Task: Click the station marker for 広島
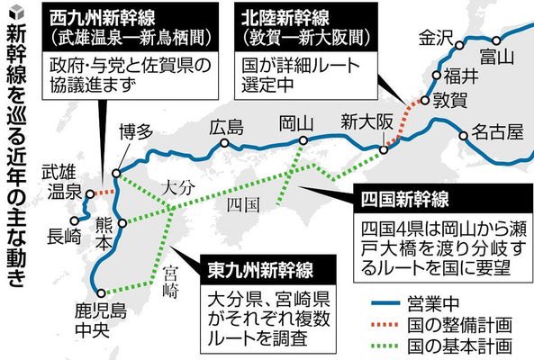click(224, 143)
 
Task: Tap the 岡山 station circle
click(303, 140)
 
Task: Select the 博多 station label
click(136, 131)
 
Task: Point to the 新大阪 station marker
click(384, 149)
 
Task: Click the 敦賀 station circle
click(425, 101)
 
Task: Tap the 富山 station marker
click(496, 40)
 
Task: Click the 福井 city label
click(461, 76)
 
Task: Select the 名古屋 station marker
click(463, 136)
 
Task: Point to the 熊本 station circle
click(122, 223)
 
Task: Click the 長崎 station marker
click(74, 220)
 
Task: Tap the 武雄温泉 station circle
click(90, 194)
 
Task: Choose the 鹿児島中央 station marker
click(101, 293)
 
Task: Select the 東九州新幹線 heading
click(260, 270)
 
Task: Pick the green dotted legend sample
click(385, 346)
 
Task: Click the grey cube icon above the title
click(17, 13)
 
